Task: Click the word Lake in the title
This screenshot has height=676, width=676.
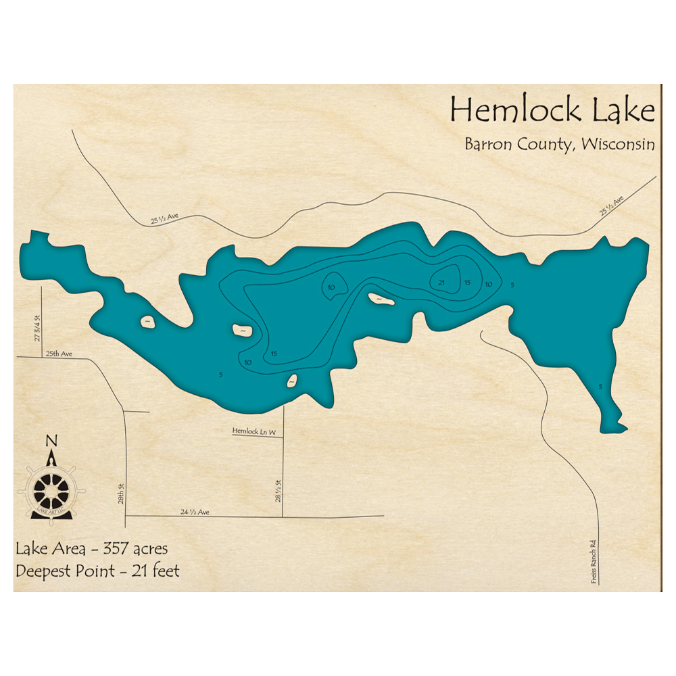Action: [624, 110]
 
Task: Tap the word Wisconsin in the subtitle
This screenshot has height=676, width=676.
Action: [617, 145]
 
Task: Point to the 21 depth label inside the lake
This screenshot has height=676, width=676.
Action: [442, 283]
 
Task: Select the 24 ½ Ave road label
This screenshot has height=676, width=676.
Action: [195, 512]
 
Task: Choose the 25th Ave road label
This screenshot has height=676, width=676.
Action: [59, 354]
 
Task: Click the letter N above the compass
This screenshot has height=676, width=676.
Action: [51, 441]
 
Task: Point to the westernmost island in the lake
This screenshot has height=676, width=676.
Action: [147, 323]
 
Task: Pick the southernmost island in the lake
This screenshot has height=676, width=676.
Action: [292, 382]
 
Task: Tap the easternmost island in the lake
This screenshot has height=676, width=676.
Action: [381, 298]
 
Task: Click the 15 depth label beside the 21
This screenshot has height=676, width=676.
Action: [468, 283]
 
